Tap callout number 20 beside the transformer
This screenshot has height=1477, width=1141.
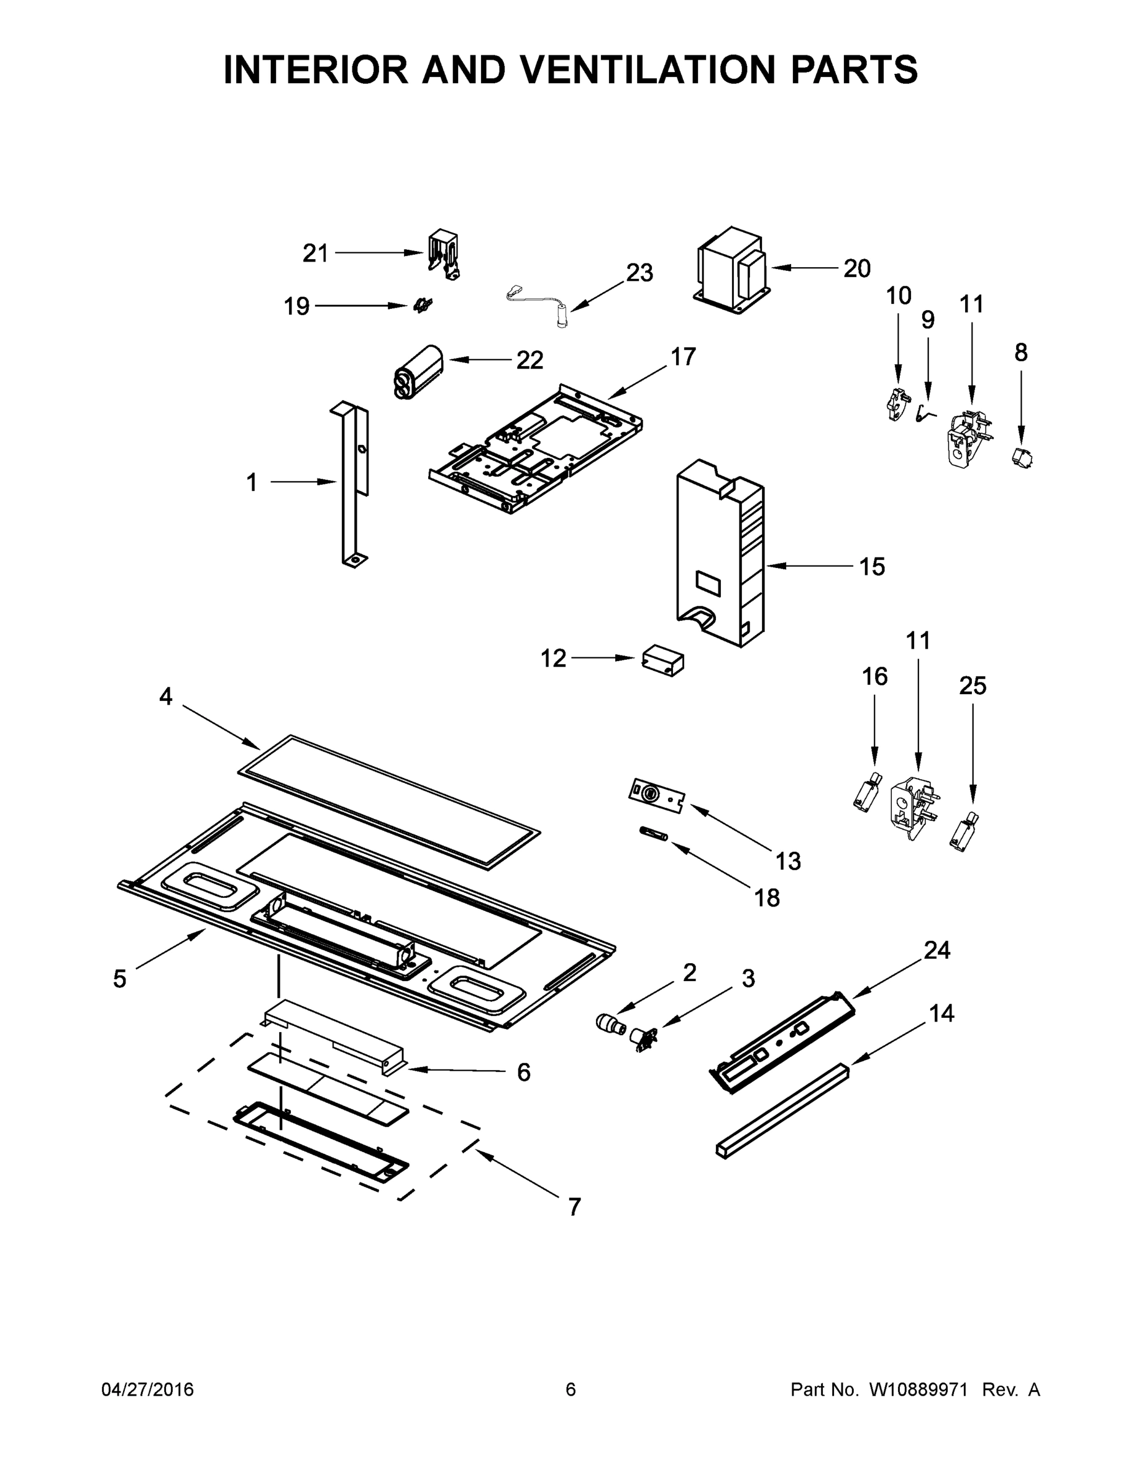click(x=856, y=268)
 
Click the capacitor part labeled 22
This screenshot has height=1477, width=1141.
click(x=418, y=372)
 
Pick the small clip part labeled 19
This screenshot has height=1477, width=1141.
click(x=423, y=306)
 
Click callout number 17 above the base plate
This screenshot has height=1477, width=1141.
click(x=683, y=356)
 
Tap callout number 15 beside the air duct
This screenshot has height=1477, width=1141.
click(x=872, y=566)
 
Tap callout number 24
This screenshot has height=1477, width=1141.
click(x=937, y=950)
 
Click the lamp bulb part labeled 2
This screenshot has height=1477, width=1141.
click(x=610, y=1023)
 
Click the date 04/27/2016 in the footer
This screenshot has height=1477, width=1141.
click(x=148, y=1389)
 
